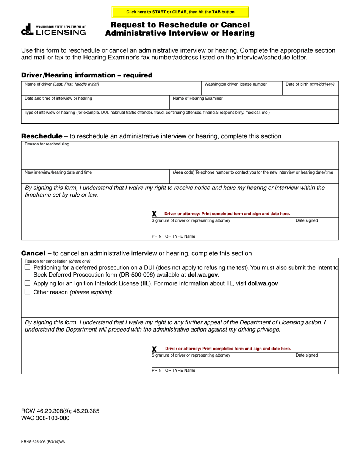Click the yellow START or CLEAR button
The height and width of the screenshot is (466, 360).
pyautogui.click(x=180, y=12)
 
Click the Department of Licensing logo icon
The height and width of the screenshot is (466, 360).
pyautogui.click(x=27, y=30)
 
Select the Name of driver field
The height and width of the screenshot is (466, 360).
pyautogui.click(x=111, y=90)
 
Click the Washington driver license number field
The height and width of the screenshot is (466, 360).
pyautogui.click(x=241, y=90)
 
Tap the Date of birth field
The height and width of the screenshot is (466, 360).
pyautogui.click(x=310, y=90)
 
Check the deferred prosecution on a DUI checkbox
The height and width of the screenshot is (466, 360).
pyautogui.click(x=27, y=267)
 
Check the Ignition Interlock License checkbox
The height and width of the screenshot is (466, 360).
pyautogui.click(x=27, y=283)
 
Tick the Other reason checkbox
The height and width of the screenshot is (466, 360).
pyautogui.click(x=27, y=292)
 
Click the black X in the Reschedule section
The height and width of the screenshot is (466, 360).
pyautogui.click(x=154, y=214)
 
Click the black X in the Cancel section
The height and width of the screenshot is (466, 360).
pyautogui.click(x=154, y=349)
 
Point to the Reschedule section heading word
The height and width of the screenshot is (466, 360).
pyautogui.click(x=42, y=136)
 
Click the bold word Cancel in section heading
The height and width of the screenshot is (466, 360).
pyautogui.click(x=33, y=253)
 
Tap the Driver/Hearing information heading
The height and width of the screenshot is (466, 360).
pyautogui.click(x=87, y=75)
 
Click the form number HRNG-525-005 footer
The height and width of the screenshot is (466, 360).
pyautogui.click(x=43, y=442)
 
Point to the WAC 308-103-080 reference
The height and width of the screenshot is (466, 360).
pyautogui.click(x=45, y=418)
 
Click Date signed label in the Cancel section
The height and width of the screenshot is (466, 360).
pyautogui.click(x=307, y=355)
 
